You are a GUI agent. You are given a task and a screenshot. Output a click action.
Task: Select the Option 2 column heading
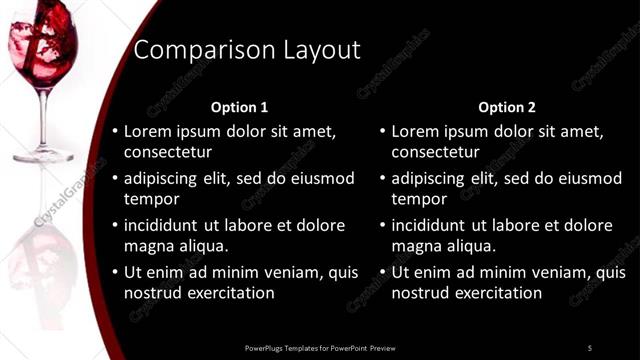coord(507,107)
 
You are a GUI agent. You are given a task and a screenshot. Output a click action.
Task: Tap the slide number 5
coord(590,347)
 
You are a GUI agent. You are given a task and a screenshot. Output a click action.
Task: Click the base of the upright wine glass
coord(43,155)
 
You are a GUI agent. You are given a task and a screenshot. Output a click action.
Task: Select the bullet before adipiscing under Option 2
coord(383,179)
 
